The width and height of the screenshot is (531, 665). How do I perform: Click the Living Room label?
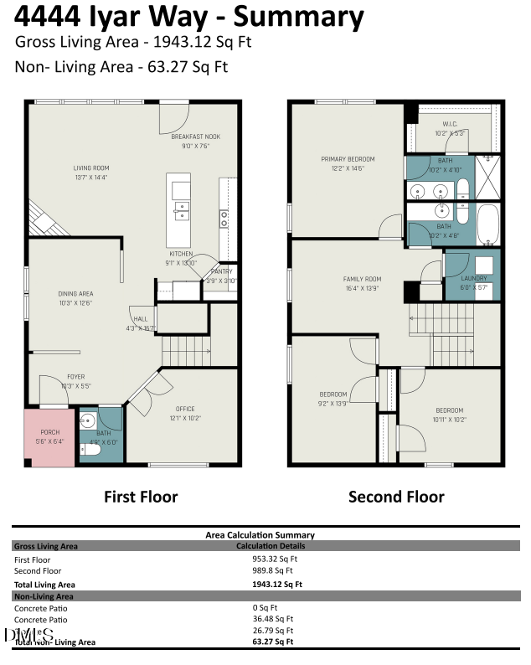pos(90,168)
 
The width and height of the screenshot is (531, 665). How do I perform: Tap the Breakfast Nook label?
pos(195,137)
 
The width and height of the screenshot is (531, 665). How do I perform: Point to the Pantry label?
pos(222,271)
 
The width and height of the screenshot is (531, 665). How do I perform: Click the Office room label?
pos(184,410)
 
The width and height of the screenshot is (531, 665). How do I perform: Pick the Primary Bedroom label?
pos(348,159)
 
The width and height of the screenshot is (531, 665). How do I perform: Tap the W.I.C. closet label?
pos(451,125)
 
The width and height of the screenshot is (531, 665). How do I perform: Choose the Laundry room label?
pos(474,279)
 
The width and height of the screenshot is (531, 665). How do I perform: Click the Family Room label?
pos(362,279)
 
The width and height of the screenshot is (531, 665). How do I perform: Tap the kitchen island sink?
pos(180,209)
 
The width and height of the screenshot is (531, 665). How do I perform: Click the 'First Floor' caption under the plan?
pos(141,497)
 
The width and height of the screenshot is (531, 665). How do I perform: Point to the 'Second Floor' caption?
pos(396,497)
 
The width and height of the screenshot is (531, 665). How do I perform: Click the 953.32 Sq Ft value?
pos(275,559)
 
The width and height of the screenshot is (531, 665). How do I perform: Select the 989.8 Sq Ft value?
pos(272,571)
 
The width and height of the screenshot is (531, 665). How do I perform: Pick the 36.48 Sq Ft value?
pos(272,620)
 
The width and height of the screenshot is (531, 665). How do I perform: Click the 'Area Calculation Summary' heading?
pos(260,534)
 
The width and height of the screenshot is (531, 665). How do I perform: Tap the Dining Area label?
pos(75,294)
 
